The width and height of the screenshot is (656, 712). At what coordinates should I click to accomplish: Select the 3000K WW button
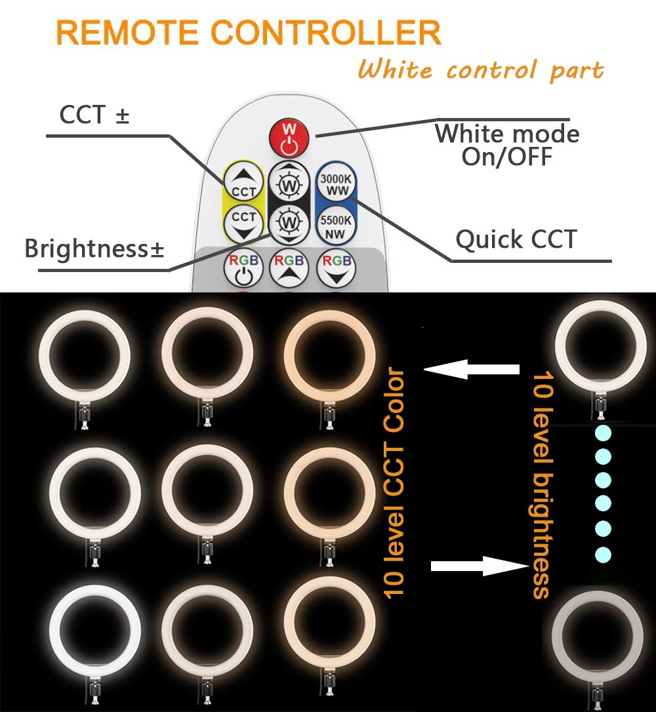pyautogui.click(x=336, y=182)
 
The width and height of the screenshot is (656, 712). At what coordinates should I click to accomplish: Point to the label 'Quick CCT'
pyautogui.click(x=516, y=240)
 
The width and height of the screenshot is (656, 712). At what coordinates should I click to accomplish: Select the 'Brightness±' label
pyautogui.click(x=94, y=249)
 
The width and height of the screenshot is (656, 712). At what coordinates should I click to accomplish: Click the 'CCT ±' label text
pyautogui.click(x=94, y=115)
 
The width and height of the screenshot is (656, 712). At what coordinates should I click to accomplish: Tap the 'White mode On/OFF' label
pyautogui.click(x=507, y=145)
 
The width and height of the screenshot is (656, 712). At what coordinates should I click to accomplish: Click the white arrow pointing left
pyautogui.click(x=472, y=368)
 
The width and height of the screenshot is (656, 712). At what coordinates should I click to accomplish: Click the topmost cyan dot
pyautogui.click(x=602, y=433)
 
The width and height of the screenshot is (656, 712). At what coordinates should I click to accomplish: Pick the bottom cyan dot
pyautogui.click(x=602, y=555)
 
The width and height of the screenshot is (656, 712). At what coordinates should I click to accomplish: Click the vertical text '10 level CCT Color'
pyautogui.click(x=396, y=484)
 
